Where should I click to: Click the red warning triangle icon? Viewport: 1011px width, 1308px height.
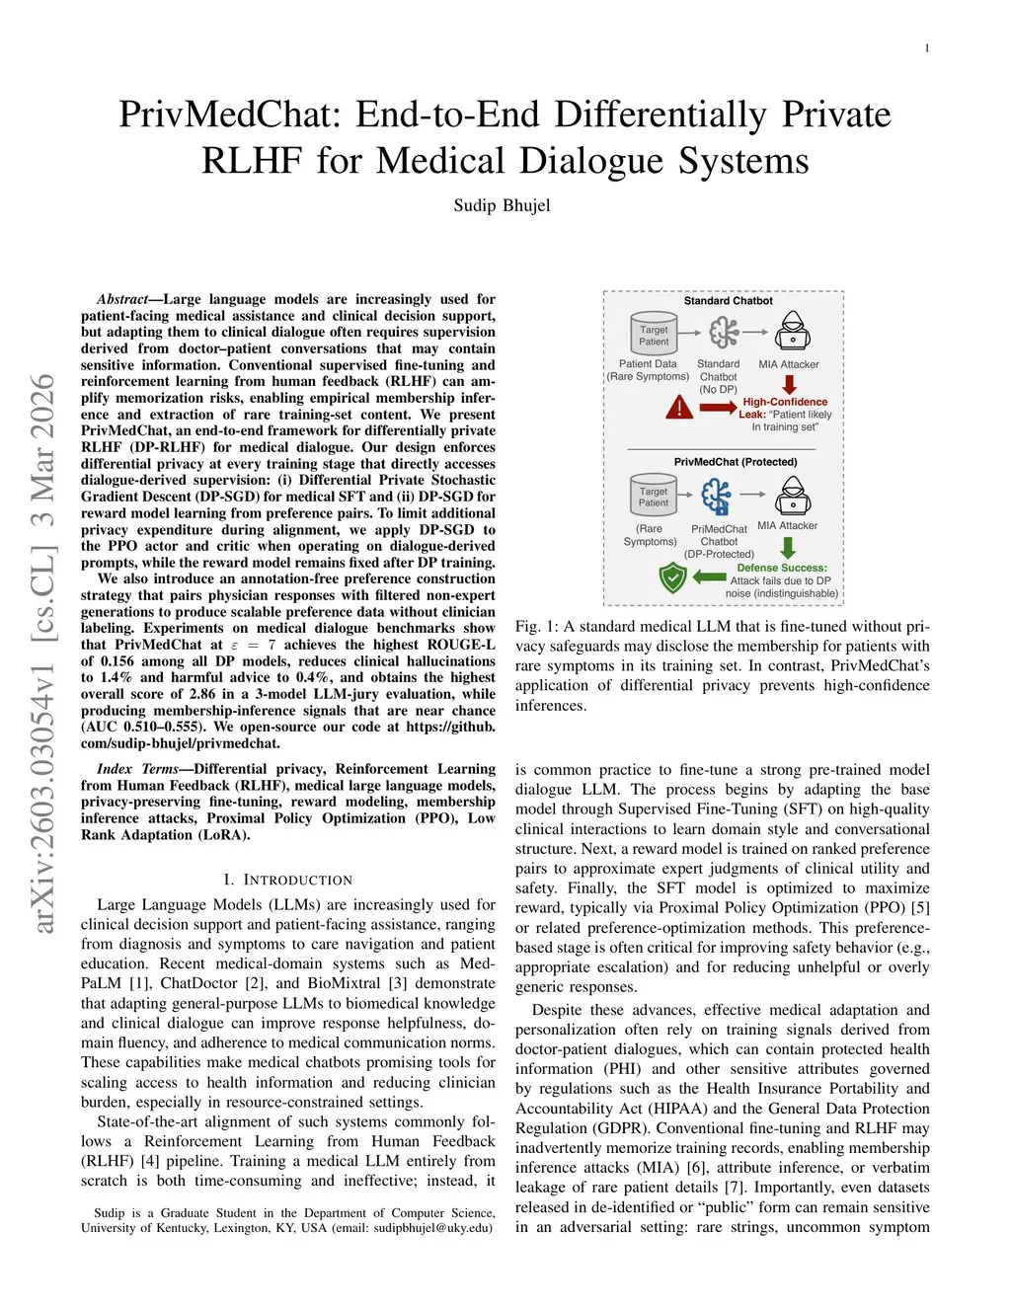[x=679, y=407]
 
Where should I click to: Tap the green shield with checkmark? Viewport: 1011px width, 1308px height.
[x=672, y=577]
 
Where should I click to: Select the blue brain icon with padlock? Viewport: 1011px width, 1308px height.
[x=717, y=496]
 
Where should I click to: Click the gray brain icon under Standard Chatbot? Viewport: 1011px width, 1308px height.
[x=724, y=333]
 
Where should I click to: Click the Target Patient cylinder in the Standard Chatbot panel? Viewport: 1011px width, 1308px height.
[x=653, y=334]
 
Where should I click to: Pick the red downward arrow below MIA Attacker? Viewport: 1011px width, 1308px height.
[x=789, y=382]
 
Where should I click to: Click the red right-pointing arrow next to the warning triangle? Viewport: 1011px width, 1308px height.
[x=718, y=407]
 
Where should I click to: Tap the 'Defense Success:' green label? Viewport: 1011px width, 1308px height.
[x=782, y=568]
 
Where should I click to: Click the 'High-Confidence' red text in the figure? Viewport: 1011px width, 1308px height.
[x=785, y=402]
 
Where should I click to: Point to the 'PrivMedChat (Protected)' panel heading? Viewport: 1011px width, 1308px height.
[x=736, y=462]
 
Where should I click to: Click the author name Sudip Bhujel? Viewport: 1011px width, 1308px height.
[x=502, y=205]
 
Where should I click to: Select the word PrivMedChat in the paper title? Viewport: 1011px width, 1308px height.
[x=229, y=115]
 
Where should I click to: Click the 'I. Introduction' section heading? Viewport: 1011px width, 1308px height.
[x=287, y=880]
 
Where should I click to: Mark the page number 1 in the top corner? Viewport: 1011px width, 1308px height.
[x=927, y=48]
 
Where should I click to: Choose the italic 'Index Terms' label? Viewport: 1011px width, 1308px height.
[x=137, y=769]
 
